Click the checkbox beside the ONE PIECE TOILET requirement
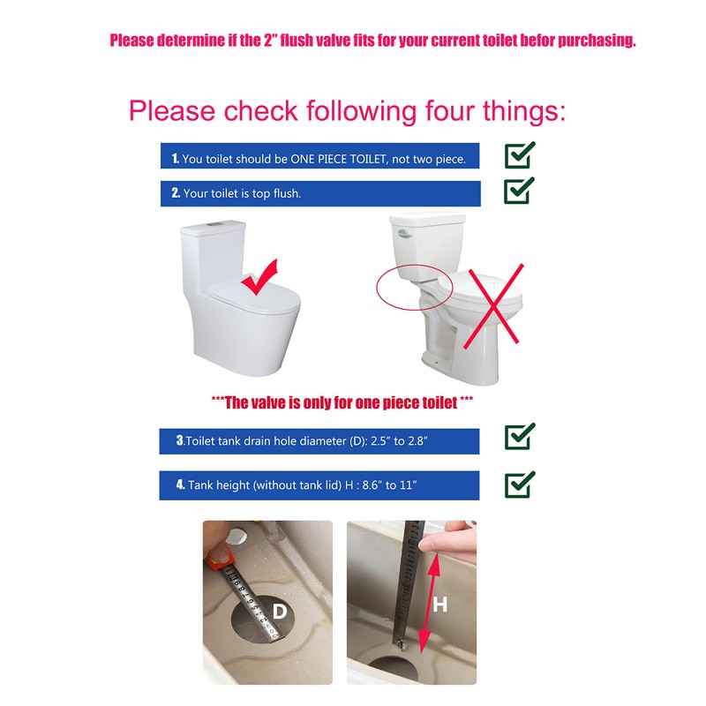tap(519, 155)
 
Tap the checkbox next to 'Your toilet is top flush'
tap(519, 191)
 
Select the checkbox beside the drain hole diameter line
tap(519, 437)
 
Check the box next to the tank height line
tap(519, 484)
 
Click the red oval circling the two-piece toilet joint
tap(414, 286)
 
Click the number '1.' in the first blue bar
tap(176, 159)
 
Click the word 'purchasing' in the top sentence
tap(590, 41)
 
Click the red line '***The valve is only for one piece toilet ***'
tap(342, 402)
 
